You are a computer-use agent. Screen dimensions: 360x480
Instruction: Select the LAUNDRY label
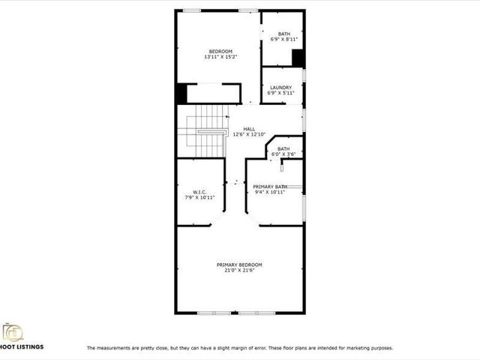pos(281,87)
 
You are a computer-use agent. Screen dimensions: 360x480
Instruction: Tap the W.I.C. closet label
pos(199,192)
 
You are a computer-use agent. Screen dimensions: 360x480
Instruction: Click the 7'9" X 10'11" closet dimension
pos(199,198)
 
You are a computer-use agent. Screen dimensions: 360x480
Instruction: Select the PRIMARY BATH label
pos(270,186)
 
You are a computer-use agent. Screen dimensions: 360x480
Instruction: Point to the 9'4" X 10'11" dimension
pos(270,192)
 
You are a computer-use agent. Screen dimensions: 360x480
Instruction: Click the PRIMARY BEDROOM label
pos(239,265)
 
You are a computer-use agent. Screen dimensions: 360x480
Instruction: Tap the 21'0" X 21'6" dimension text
pos(239,271)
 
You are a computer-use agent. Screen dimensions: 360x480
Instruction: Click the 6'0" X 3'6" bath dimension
pos(283,154)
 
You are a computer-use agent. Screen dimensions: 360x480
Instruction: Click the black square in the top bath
pos(298,58)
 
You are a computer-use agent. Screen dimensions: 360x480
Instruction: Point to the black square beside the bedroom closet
pos(181,94)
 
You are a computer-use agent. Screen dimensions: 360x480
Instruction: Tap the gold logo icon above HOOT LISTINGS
pos(13,331)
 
